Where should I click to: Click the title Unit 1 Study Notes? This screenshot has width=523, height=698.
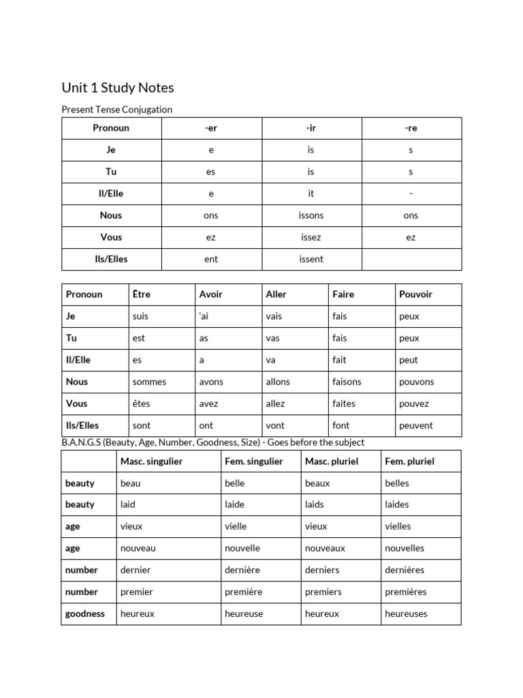point(118,87)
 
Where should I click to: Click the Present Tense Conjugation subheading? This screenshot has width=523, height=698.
point(116,109)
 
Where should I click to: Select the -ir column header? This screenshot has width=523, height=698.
point(311,128)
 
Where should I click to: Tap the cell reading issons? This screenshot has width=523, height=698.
point(311,215)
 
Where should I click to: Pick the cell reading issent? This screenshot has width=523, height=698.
point(311,259)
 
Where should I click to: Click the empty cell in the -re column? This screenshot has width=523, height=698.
point(411,259)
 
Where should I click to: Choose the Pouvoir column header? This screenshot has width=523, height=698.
point(415,294)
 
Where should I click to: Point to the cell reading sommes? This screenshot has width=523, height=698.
point(149,382)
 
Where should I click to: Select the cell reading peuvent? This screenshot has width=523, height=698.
point(415,425)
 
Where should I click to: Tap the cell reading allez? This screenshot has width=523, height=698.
point(275,404)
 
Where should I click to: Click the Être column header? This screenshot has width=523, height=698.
point(141,294)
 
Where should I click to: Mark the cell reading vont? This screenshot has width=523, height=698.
point(275,425)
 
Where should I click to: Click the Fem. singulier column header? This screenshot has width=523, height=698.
point(253,461)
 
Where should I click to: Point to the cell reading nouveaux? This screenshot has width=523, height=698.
point(325,548)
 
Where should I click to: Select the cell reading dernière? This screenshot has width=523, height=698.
point(242,570)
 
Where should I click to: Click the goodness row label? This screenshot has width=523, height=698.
point(85,613)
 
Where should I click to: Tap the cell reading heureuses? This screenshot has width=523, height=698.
point(406,613)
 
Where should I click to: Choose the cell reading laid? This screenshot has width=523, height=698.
point(128,504)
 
